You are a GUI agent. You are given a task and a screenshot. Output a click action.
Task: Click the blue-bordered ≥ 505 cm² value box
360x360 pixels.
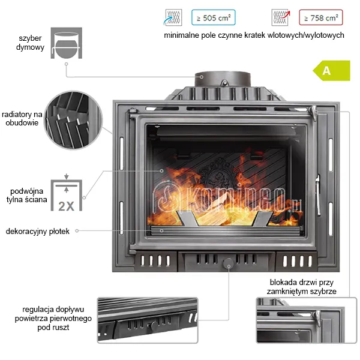[213, 17]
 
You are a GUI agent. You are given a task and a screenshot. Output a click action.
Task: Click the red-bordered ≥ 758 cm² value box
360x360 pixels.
[321, 17]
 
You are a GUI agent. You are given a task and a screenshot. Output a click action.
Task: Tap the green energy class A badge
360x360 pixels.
[332, 70]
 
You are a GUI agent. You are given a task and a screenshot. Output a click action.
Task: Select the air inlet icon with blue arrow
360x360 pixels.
[173, 17]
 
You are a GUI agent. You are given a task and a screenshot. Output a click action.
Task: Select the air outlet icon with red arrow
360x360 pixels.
[281, 17]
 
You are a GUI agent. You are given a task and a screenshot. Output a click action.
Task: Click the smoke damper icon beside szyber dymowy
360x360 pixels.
[67, 43]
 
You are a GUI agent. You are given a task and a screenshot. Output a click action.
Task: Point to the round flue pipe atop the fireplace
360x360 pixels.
[223, 79]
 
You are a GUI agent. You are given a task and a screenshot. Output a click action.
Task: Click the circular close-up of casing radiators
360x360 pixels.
[73, 120]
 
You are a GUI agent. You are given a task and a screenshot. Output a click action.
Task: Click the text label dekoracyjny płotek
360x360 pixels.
[37, 231]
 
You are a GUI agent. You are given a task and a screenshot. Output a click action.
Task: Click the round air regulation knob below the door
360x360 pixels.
[229, 263]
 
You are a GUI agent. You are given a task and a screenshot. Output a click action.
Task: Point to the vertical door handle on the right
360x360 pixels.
[318, 195]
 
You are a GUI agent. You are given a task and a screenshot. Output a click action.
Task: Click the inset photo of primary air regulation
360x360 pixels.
[148, 320]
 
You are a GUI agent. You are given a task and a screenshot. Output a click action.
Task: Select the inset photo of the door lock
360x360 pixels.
[307, 320]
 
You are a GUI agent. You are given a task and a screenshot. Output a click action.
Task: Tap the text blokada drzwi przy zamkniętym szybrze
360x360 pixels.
[301, 287]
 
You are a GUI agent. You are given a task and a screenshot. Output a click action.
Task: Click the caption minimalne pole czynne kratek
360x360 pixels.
[254, 35]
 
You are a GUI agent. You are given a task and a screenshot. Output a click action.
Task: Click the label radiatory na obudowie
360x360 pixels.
[22, 118]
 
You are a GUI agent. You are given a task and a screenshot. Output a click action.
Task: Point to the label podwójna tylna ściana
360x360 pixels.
[26, 195]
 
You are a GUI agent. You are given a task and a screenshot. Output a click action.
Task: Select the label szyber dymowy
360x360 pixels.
[30, 43]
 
